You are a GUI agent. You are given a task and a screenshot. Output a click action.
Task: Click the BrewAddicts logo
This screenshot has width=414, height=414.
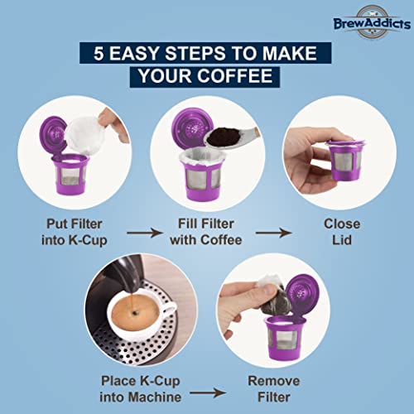[x=365, y=23]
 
